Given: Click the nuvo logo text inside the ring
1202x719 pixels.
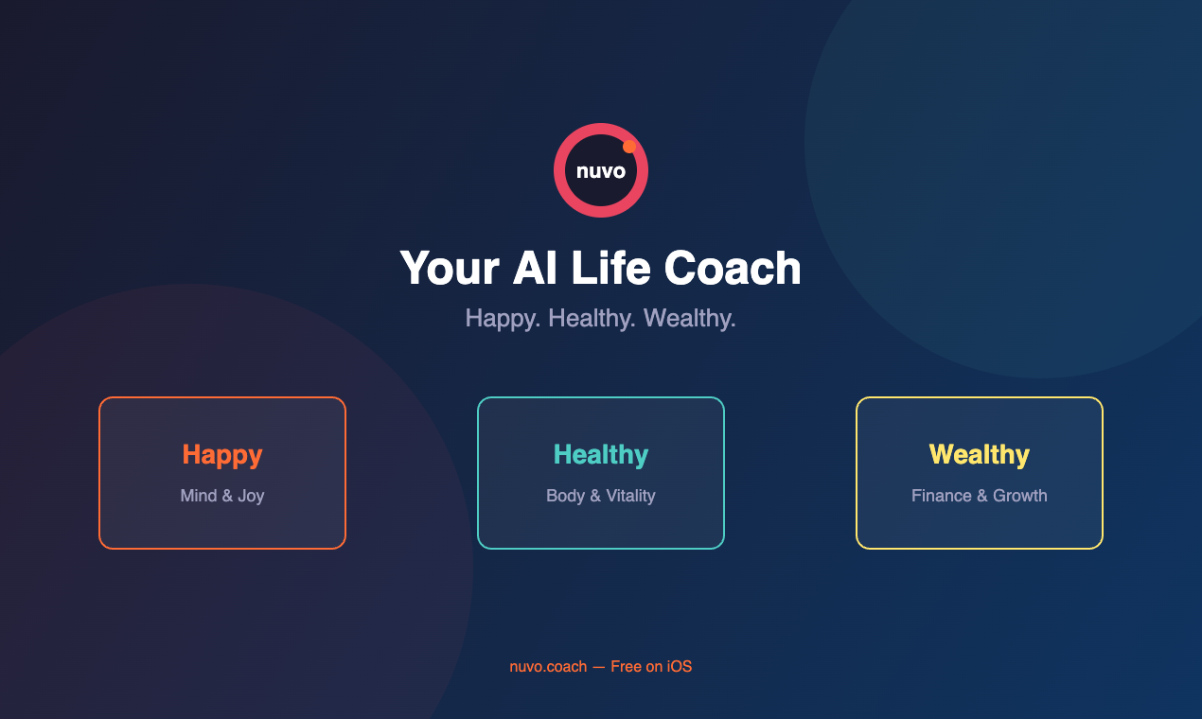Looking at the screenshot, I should [601, 171].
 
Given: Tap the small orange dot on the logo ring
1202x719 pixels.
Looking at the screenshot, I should [629, 147].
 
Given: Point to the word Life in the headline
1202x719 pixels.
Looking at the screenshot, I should [610, 268].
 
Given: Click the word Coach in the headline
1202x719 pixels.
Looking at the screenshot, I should [733, 268].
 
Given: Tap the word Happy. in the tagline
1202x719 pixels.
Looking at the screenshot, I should [503, 319].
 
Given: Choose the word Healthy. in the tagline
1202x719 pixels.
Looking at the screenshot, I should [592, 319].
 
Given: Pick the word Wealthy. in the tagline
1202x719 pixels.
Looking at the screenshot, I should [689, 319].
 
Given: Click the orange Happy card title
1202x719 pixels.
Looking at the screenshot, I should [222, 455].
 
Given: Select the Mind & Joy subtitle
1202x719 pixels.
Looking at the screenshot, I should [222, 496].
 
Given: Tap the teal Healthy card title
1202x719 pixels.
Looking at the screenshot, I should [601, 455].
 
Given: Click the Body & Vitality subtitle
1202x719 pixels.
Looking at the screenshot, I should [601, 496].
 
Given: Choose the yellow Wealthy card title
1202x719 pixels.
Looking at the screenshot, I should [980, 455].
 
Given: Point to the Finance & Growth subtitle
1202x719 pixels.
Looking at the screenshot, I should [980, 496].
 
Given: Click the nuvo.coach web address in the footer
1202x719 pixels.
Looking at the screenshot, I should [548, 667].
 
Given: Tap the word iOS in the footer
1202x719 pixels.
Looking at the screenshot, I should [679, 667].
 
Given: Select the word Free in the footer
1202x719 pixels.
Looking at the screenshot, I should [627, 667].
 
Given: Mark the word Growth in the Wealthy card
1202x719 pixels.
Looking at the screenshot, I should [1019, 496].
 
